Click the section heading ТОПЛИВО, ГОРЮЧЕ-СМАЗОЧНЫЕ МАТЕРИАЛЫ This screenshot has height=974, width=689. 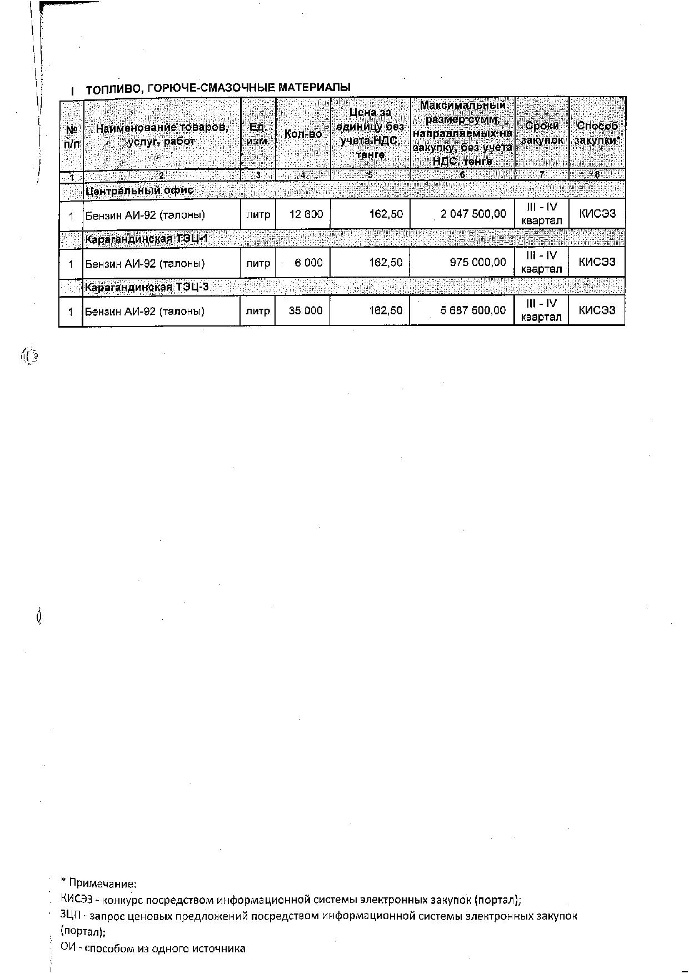click(x=218, y=88)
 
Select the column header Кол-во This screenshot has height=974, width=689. click(x=303, y=134)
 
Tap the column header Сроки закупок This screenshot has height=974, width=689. click(x=542, y=133)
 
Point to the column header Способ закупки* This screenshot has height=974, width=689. click(x=597, y=133)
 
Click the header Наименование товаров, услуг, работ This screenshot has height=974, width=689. click(x=162, y=134)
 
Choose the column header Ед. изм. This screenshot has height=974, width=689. click(x=258, y=134)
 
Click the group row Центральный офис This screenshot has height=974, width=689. click(x=139, y=190)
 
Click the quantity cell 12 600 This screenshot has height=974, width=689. click(x=306, y=214)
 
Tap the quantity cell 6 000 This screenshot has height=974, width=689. click(x=308, y=263)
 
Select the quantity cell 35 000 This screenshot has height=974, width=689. click(x=306, y=311)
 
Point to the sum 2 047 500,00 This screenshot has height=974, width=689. click(x=473, y=214)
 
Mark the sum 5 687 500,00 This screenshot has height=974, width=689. click(x=473, y=310)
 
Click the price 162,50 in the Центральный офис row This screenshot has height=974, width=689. click(x=387, y=214)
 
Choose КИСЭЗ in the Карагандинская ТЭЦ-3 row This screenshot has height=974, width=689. click(x=597, y=310)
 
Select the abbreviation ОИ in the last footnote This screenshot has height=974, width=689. click(x=67, y=948)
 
